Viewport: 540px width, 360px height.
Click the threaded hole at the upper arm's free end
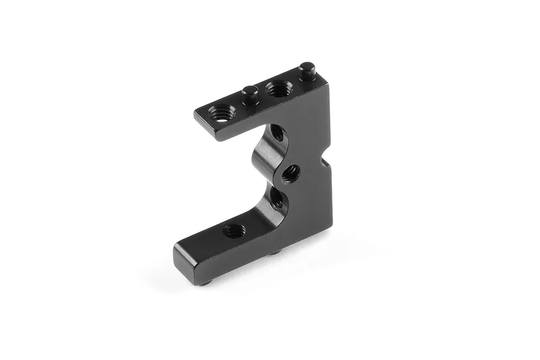click(x=222, y=112)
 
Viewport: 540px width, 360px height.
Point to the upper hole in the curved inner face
click(x=277, y=133)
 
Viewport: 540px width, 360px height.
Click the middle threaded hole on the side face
click(x=290, y=175)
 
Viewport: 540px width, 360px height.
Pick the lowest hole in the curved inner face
click(x=277, y=200)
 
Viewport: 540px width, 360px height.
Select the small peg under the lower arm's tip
click(x=206, y=282)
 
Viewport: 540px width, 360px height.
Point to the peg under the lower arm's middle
click(x=275, y=253)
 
